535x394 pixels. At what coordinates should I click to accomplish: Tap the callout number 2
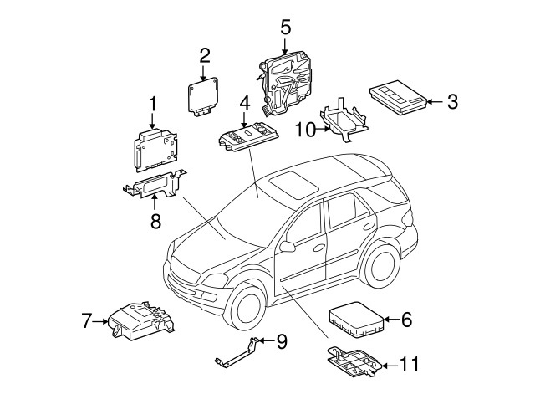point(205,56)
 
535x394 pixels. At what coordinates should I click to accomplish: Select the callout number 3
point(451,102)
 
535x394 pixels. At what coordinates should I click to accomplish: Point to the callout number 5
point(285,27)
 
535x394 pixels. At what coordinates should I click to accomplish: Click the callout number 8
point(155,221)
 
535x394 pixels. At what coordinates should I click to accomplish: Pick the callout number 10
point(305,130)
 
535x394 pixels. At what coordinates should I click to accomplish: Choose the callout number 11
point(408,364)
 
